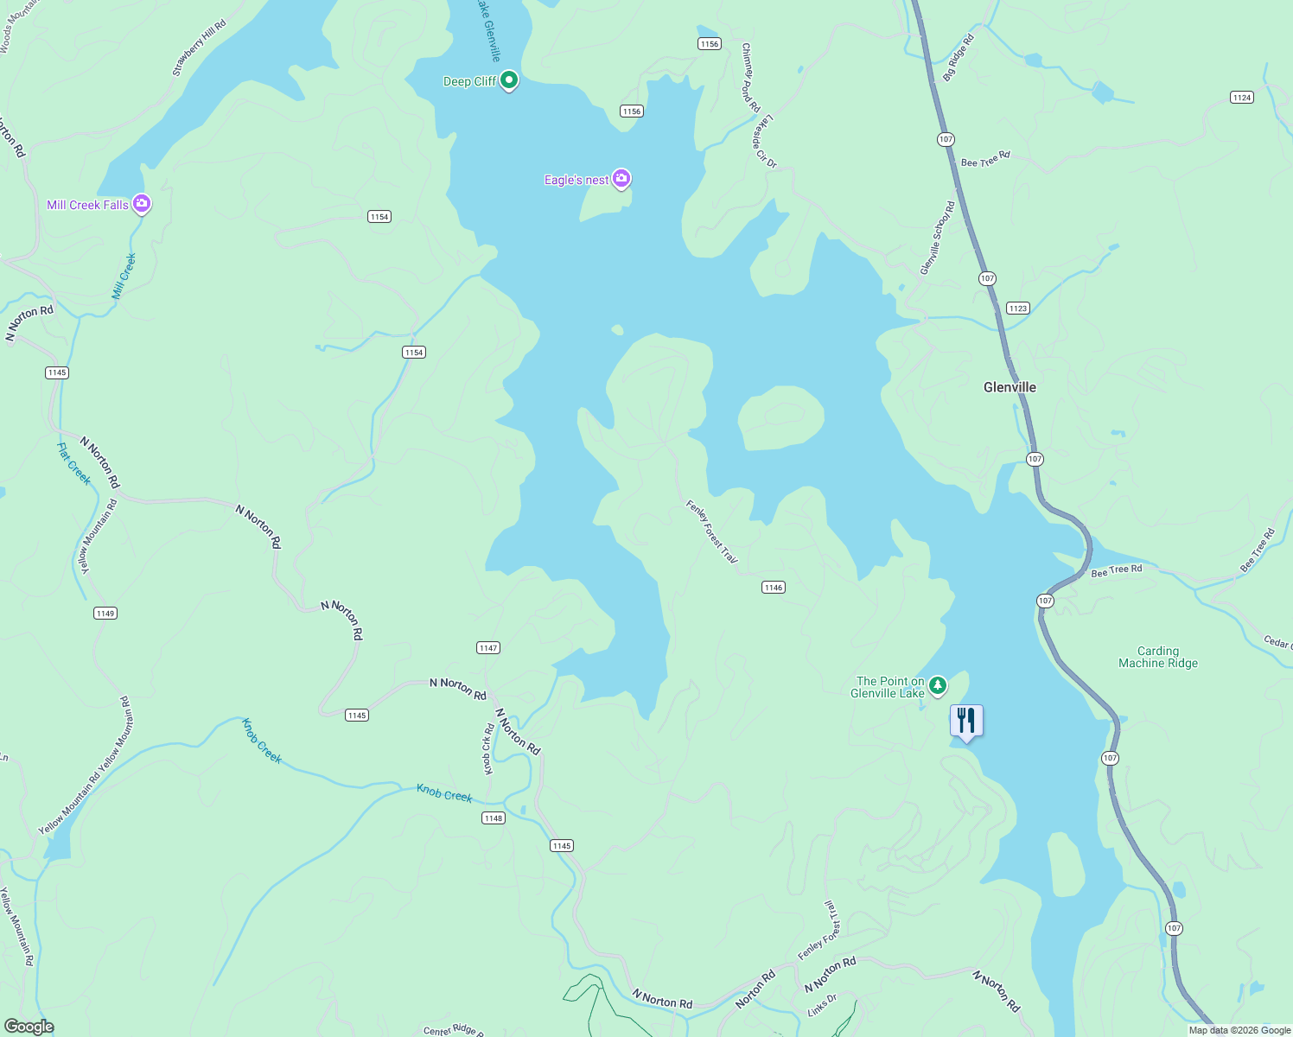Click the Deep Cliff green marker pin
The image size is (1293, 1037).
click(x=509, y=80)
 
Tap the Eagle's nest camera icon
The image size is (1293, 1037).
click(x=621, y=179)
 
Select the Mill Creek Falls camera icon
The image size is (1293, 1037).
click(x=142, y=204)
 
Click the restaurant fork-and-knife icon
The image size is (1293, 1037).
click(x=966, y=720)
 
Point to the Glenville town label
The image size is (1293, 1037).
click(x=1010, y=387)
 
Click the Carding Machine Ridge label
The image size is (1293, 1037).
click(x=1157, y=657)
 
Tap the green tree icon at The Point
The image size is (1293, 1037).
click(x=938, y=686)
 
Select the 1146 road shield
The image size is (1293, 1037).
click(x=773, y=588)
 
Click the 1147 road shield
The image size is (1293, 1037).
click(x=488, y=647)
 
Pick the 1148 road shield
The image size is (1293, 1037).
click(x=493, y=818)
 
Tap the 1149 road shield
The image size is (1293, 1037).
click(x=105, y=613)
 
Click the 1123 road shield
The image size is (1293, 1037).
click(x=1017, y=308)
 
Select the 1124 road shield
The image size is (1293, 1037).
click(x=1242, y=97)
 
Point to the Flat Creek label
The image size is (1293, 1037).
click(x=74, y=463)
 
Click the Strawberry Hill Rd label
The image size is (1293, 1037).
click(x=199, y=48)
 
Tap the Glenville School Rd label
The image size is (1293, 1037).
click(x=938, y=239)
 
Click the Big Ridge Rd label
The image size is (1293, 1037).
click(x=958, y=59)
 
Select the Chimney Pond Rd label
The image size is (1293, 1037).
click(x=750, y=78)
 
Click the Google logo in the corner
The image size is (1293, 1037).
click(x=29, y=1026)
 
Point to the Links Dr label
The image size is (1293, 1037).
click(x=822, y=1005)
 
